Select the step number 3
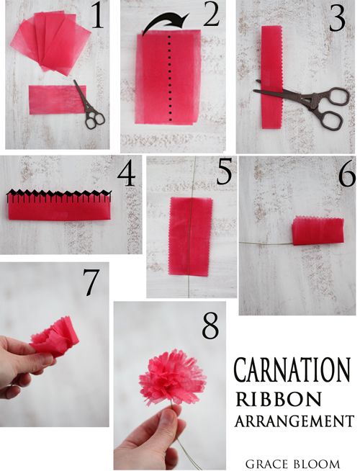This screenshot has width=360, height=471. pos(337,19)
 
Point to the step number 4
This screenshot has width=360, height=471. pos(127,175)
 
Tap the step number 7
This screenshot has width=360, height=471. pos(91,284)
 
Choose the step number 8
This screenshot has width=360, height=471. pos(210,326)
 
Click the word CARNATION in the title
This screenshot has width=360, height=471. pos(292,369)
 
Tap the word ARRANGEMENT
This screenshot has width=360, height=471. pos(293,421)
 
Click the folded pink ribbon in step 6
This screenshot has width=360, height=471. pos(317,230)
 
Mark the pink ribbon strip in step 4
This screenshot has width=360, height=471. pos(59,207)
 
